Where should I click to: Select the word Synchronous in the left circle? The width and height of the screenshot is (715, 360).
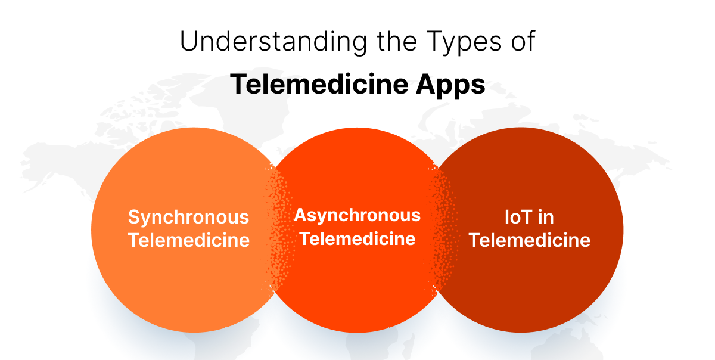188,218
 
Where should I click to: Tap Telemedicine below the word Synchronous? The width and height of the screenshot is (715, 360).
189,240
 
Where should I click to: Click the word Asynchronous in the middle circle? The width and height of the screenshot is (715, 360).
357,215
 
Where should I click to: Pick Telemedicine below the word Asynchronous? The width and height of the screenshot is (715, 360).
357,238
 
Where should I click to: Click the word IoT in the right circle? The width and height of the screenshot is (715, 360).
516,218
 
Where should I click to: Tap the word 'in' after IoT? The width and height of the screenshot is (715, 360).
546,218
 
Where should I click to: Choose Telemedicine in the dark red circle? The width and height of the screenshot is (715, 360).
529,240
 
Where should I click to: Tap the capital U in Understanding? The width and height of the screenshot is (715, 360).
188,44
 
